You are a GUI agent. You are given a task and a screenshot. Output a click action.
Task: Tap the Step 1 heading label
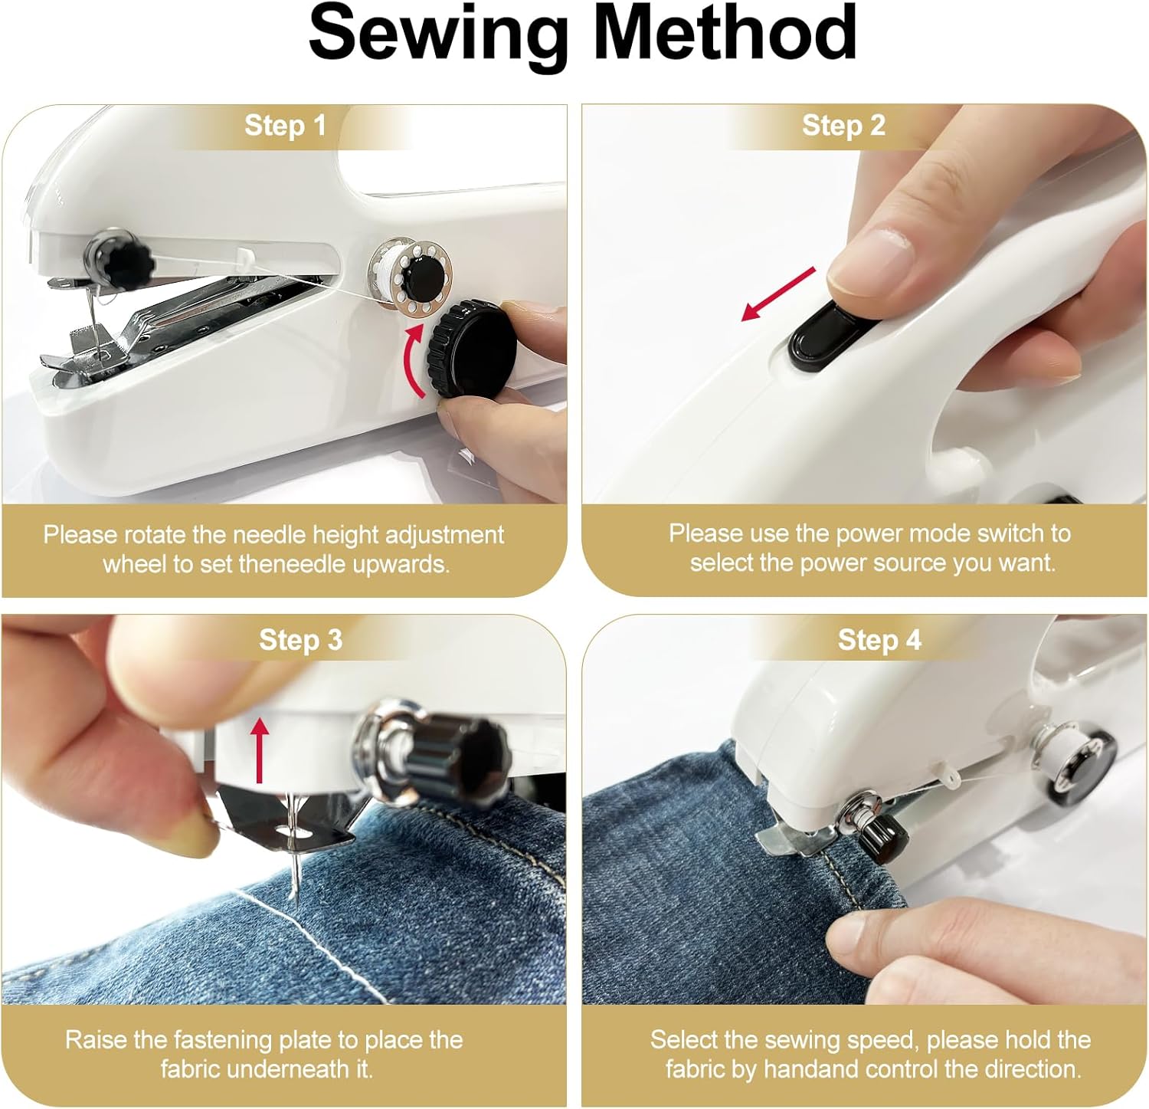[285, 126]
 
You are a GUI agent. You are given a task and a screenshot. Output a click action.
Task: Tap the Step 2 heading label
[843, 126]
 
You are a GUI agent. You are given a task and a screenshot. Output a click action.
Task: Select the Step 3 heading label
[300, 640]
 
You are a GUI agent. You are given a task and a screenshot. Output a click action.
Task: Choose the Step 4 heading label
[879, 640]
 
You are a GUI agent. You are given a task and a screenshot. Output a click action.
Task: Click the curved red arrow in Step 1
[414, 360]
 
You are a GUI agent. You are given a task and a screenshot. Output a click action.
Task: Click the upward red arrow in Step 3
[260, 749]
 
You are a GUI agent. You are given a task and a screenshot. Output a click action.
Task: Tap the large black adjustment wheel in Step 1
[473, 349]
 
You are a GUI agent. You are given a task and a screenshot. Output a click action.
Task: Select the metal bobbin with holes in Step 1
[411, 276]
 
